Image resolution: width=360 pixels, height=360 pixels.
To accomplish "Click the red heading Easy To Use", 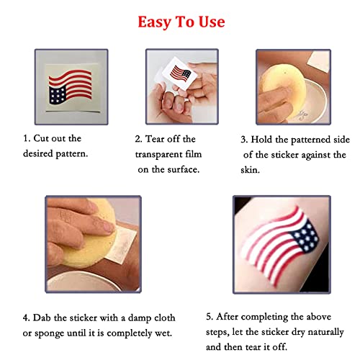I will (x=181, y=22).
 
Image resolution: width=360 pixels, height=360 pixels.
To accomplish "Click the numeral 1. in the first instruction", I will (x=26, y=138).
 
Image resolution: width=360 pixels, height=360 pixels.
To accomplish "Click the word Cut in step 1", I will (x=42, y=138).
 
